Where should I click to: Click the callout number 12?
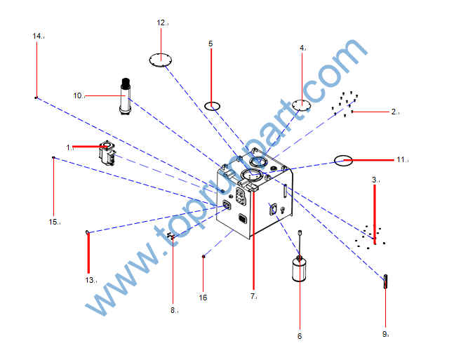[x=161, y=22]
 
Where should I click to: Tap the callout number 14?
[x=37, y=36]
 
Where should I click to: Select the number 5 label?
[x=211, y=44]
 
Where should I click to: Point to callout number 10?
[x=78, y=95]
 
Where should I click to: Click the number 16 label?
[x=203, y=298]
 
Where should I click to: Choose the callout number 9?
[x=385, y=334]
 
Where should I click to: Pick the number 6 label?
[x=300, y=336]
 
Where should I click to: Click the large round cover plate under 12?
[x=161, y=60]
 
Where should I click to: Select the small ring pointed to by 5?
[x=212, y=106]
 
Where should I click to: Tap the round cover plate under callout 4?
[x=302, y=105]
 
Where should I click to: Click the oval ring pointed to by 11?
[x=343, y=161]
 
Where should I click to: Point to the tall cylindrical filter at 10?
[x=126, y=96]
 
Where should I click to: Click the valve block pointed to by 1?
[x=107, y=153]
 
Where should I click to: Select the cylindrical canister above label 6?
[x=299, y=269]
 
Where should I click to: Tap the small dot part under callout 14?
[x=36, y=98]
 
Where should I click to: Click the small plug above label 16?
[x=203, y=256]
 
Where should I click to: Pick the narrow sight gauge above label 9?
[x=385, y=281]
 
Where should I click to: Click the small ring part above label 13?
[x=87, y=232]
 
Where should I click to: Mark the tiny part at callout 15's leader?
[x=53, y=158]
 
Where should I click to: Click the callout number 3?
[x=375, y=180]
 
